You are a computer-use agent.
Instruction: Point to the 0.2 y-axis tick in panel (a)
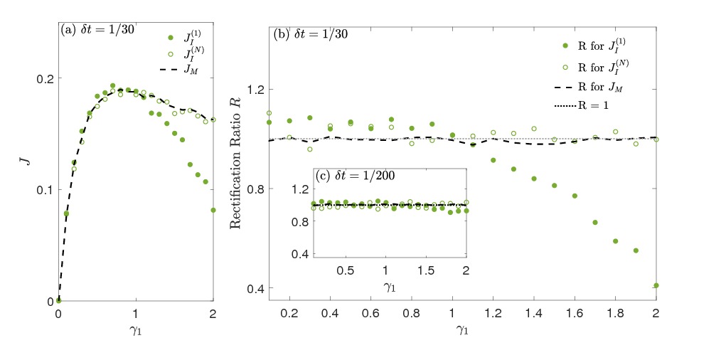click(x=46, y=78)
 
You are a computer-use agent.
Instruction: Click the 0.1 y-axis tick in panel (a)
click(x=46, y=190)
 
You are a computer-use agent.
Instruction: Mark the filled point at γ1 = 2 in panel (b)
click(x=656, y=285)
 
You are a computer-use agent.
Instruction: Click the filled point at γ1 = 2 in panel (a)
click(x=213, y=210)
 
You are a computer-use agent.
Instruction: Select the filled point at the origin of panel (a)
click(x=59, y=300)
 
